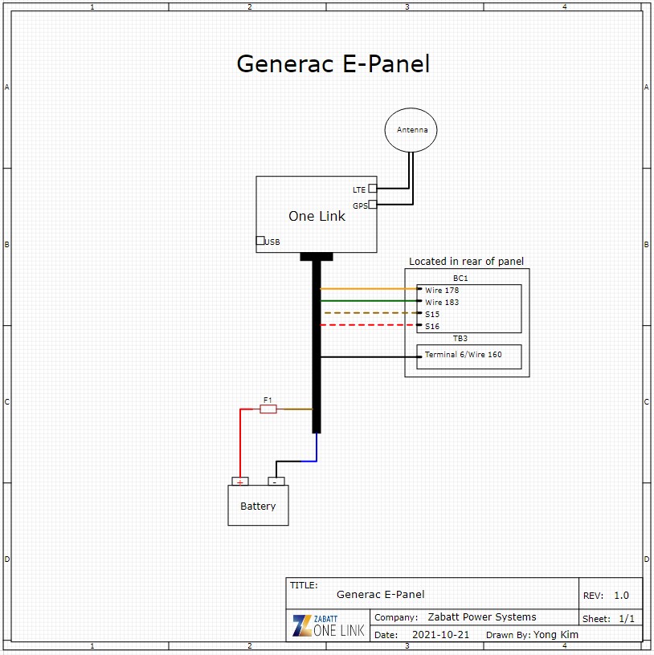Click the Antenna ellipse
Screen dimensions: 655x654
tap(411, 130)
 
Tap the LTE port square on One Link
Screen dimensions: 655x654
tap(373, 189)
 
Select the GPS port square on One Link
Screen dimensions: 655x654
tap(373, 205)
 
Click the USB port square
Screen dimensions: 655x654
tap(260, 241)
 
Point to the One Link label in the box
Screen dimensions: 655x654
tap(317, 216)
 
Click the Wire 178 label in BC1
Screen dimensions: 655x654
tap(443, 290)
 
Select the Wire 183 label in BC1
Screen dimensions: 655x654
tap(443, 302)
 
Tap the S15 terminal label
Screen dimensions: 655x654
tap(432, 314)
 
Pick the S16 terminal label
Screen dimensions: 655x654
tap(432, 327)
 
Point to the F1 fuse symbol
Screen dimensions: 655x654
tap(268, 409)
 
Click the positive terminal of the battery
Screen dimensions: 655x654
tap(239, 482)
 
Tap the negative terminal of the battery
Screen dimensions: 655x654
tap(276, 482)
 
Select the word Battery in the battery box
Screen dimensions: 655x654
tap(258, 507)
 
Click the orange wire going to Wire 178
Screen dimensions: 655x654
tap(369, 288)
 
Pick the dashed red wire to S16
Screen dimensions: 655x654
tap(369, 325)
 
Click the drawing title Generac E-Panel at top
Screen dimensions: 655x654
tap(333, 64)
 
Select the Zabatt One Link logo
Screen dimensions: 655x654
tap(329, 625)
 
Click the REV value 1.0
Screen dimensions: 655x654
tap(621, 596)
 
